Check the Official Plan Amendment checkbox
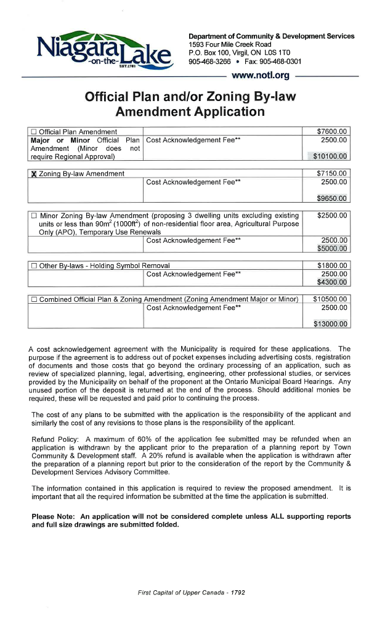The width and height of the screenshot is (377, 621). [x=34, y=132]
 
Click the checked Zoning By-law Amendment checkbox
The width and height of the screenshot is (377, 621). [x=34, y=174]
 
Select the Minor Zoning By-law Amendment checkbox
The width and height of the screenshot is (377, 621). [x=34, y=216]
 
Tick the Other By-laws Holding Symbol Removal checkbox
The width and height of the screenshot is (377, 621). [x=34, y=266]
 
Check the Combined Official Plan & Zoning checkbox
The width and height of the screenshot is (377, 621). [x=34, y=299]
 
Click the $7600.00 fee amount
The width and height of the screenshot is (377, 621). [x=332, y=131]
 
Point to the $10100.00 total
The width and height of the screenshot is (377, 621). [x=330, y=156]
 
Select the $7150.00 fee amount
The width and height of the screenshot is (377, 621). [x=332, y=174]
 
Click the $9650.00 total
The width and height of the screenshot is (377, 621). [x=332, y=198]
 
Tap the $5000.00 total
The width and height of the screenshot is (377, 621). [x=332, y=248]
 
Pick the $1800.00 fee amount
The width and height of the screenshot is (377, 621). [x=332, y=266]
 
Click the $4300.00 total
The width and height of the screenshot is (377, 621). [x=332, y=282]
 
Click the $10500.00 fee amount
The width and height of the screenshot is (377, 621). [x=330, y=299]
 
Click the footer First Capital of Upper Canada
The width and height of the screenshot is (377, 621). [x=178, y=592]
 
